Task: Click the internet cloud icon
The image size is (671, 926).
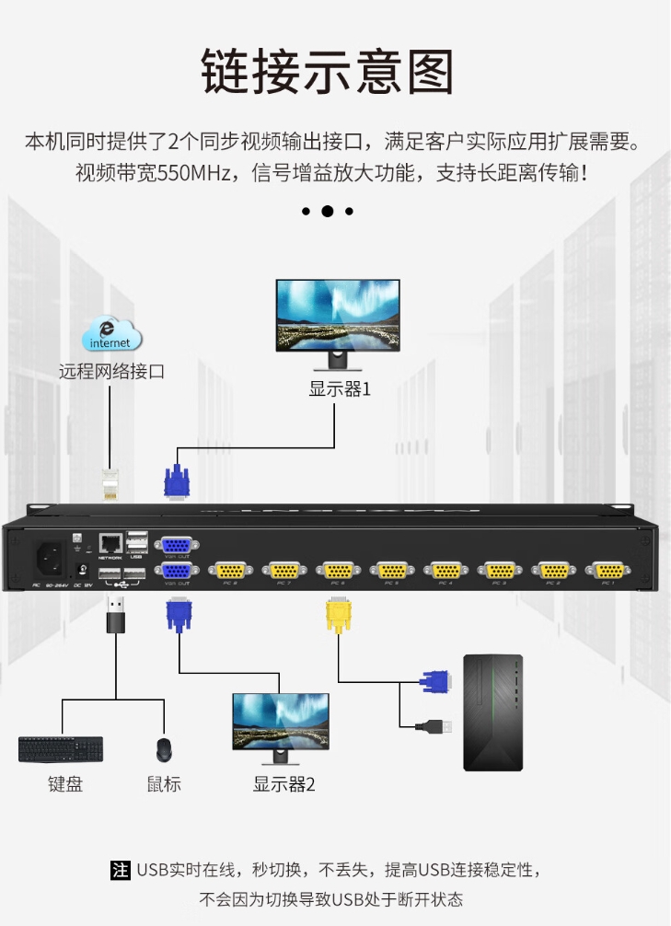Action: coord(111,335)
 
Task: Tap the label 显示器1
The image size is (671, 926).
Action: coord(340,388)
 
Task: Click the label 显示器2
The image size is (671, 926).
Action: coord(283,784)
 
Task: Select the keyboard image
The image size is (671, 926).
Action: coord(61,749)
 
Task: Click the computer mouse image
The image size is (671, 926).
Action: coord(164,750)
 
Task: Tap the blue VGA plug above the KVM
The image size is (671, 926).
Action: coord(177,480)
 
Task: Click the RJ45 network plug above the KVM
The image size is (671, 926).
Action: coord(111,482)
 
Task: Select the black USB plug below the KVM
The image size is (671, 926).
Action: coord(116,616)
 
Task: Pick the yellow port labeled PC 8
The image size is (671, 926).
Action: coord(230,570)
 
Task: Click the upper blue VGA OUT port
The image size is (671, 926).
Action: coord(177,545)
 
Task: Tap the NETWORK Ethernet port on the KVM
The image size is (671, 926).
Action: coord(110,542)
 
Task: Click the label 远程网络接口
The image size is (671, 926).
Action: coord(111,372)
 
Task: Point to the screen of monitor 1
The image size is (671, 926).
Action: coord(338,312)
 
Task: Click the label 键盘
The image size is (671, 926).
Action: coord(65,784)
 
